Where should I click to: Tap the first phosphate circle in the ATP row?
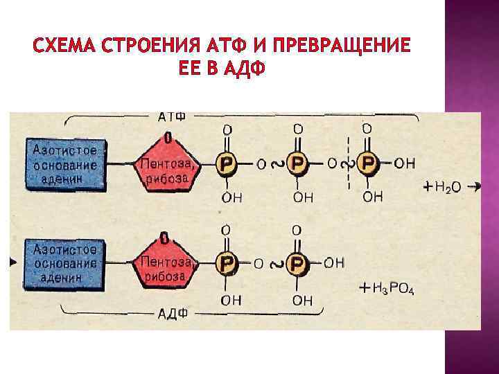click(x=227, y=164)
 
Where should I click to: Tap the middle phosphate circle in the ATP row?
click(x=297, y=164)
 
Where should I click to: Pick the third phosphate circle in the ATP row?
click(x=367, y=164)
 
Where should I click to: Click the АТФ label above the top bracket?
click(x=171, y=115)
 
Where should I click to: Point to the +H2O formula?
click(x=444, y=187)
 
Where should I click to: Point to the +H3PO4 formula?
click(x=388, y=288)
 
